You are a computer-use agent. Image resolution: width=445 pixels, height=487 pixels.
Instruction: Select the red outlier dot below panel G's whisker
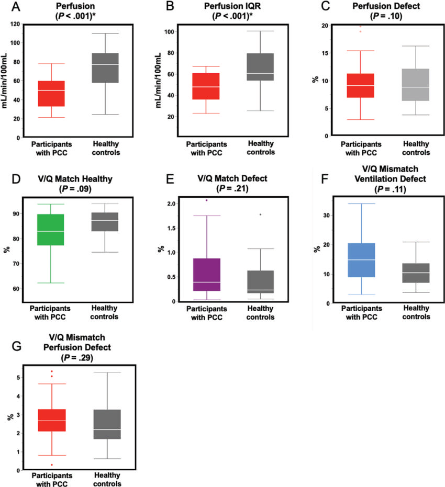click(51, 465)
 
